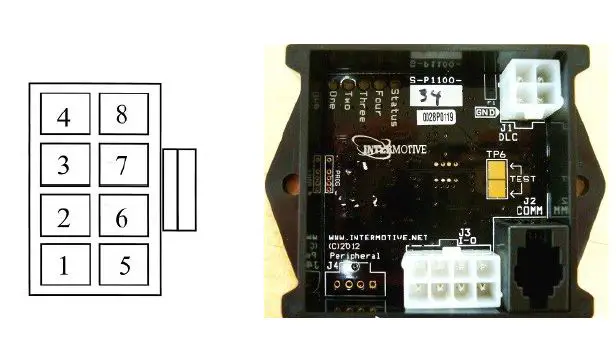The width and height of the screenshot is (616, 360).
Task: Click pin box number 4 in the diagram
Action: (x=63, y=116)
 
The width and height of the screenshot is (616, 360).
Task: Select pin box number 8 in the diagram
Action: (x=123, y=116)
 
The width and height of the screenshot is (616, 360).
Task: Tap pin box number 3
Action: (x=63, y=166)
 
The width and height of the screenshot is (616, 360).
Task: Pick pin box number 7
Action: (x=123, y=166)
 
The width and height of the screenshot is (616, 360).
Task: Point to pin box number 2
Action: (x=63, y=217)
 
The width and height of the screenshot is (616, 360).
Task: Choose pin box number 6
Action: (x=123, y=217)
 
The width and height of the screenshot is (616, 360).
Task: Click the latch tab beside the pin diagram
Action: (x=180, y=190)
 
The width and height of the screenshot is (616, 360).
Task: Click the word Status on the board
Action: (x=395, y=98)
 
